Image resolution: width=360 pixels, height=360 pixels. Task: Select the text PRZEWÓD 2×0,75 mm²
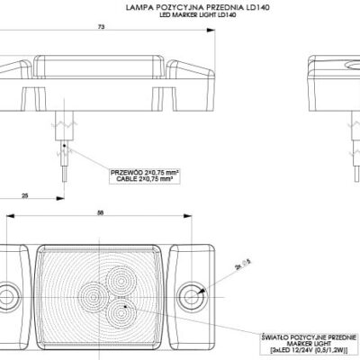(141, 170)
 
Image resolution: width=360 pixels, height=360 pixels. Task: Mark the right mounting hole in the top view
(191, 294)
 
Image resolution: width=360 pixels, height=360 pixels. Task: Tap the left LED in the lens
(92, 293)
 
